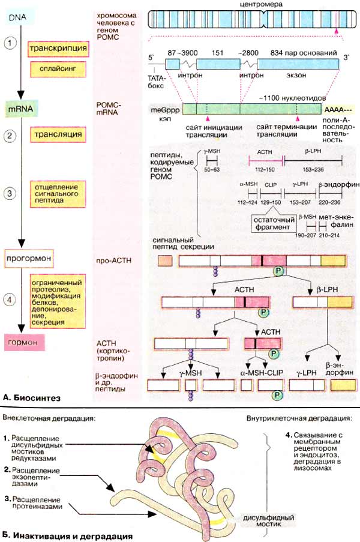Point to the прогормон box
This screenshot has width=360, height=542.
point(28,260)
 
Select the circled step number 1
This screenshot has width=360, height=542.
point(10,44)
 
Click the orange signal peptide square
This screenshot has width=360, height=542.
point(164,260)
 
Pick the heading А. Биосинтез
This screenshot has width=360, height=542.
point(31,398)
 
